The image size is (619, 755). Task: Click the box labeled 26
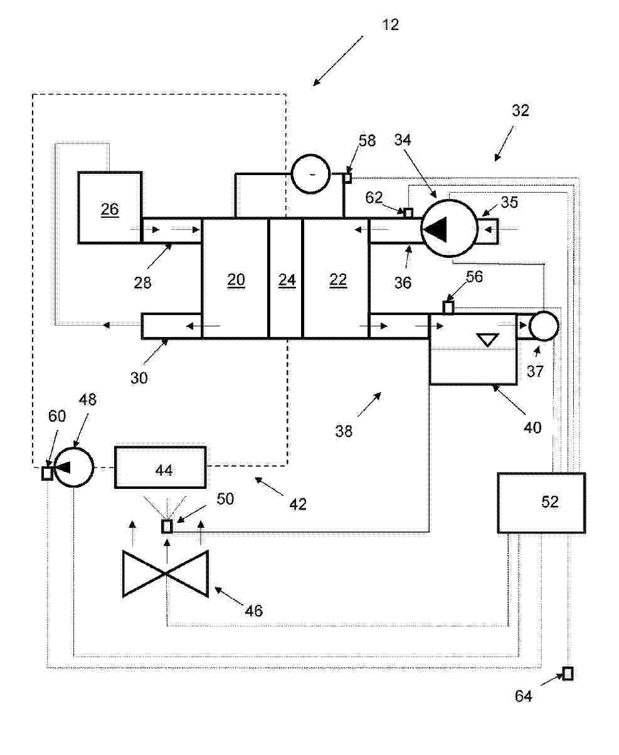(110, 207)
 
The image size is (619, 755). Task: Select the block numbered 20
(235, 279)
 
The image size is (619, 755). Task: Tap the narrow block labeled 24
(286, 279)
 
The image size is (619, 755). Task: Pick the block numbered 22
(336, 279)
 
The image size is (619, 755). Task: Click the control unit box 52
(541, 503)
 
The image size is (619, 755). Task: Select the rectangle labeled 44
(161, 467)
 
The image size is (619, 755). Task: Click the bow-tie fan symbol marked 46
(166, 574)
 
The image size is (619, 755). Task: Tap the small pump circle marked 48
(73, 467)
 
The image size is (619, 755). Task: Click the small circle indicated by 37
(543, 326)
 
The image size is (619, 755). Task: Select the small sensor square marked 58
(347, 178)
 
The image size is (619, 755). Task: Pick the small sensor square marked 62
(408, 213)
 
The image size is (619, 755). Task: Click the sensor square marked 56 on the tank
(448, 308)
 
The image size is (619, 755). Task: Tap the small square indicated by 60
(47, 473)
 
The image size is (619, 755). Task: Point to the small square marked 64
(568, 673)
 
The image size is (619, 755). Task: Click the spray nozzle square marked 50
(167, 527)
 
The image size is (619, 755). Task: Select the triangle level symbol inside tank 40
(487, 340)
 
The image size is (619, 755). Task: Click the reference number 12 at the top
(390, 25)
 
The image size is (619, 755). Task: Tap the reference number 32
(521, 110)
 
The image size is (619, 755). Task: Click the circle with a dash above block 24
(310, 173)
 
